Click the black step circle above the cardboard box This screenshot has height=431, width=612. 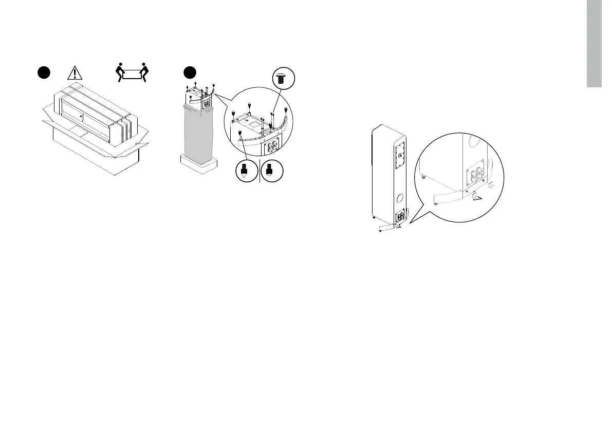click(x=43, y=72)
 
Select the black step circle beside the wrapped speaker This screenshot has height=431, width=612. click(x=191, y=72)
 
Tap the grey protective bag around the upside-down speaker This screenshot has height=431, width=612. click(x=197, y=131)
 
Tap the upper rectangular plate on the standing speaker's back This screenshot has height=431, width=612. click(x=400, y=155)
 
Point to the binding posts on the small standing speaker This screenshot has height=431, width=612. click(x=399, y=216)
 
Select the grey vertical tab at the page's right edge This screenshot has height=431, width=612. click(x=594, y=44)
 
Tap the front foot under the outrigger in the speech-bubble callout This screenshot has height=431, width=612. click(x=436, y=203)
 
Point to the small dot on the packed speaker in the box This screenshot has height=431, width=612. click(x=82, y=116)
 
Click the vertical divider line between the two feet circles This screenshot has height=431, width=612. click(x=261, y=171)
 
